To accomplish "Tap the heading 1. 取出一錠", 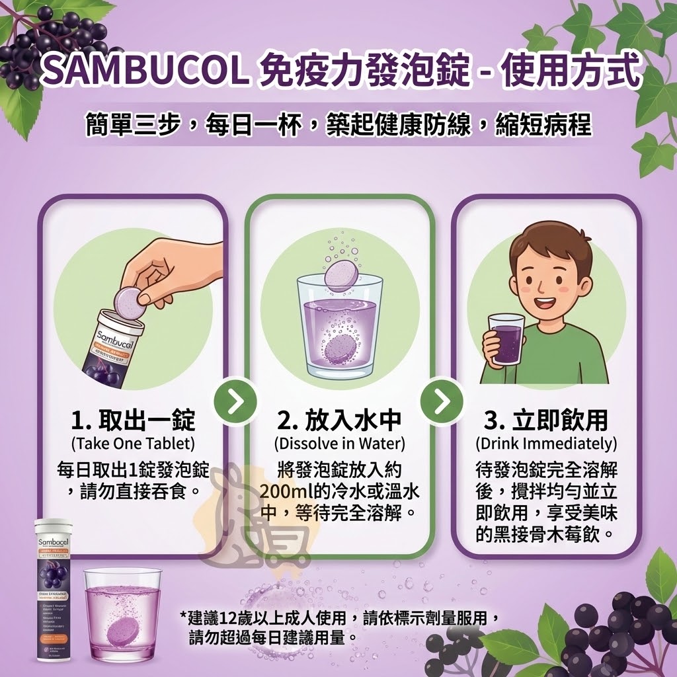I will [x=133, y=420].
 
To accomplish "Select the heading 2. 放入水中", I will [x=339, y=420].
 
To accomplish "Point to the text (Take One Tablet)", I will [x=133, y=442].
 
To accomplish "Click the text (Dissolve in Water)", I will [x=339, y=442].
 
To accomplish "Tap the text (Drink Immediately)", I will [x=546, y=442].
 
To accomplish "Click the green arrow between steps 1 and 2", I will [x=236, y=401].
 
